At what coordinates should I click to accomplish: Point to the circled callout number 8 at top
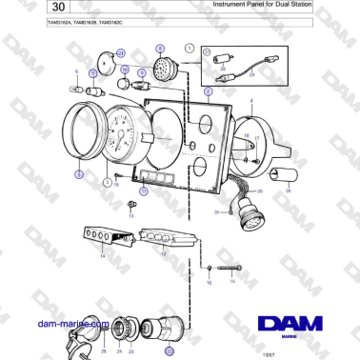[x=159, y=48]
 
